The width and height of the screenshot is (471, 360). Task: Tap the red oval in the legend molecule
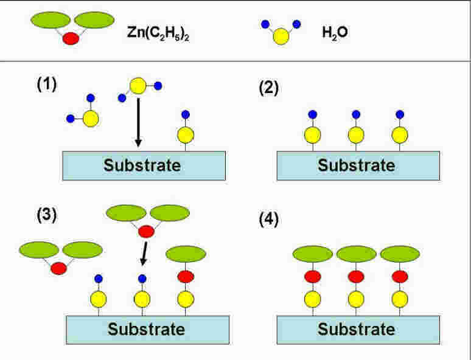[72, 38]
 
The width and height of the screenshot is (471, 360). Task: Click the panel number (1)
[46, 85]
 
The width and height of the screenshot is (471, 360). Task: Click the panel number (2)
[268, 88]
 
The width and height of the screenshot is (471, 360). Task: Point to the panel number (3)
[46, 216]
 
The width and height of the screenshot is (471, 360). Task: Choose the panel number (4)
[268, 219]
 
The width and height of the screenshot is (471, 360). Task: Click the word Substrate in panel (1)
[142, 165]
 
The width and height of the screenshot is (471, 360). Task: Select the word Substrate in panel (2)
[357, 165]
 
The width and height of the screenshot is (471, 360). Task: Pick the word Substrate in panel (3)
[146, 330]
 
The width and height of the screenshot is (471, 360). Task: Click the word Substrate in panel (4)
[357, 330]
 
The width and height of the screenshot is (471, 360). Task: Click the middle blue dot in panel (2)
[356, 114]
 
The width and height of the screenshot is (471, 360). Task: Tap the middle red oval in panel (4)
[356, 277]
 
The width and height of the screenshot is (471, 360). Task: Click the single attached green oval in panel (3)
[186, 254]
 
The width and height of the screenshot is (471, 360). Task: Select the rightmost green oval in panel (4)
[400, 254]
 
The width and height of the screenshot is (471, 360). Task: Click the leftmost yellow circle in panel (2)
[313, 134]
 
